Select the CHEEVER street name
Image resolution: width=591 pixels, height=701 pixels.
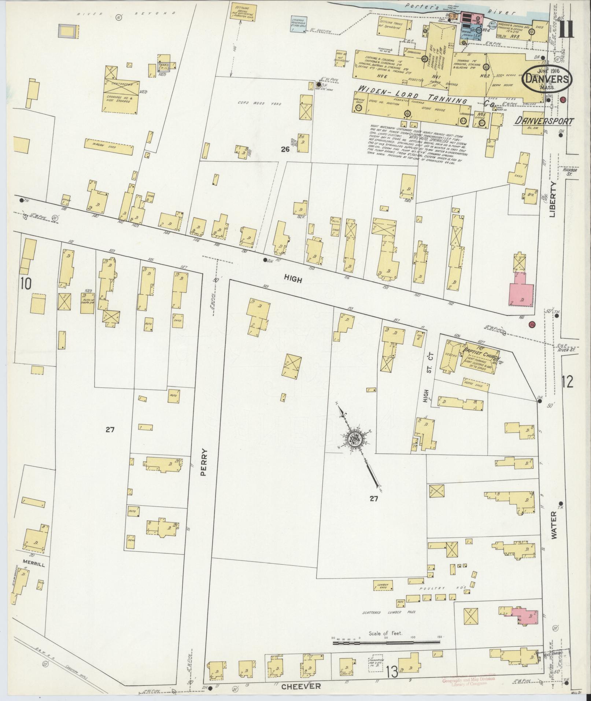coord(301,686)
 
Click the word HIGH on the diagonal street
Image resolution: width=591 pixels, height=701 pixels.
coord(293,280)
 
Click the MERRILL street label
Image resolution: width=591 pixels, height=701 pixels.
coord(33,565)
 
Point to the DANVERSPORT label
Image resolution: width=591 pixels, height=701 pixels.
coord(544,121)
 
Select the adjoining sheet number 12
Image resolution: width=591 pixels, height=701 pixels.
coord(567,382)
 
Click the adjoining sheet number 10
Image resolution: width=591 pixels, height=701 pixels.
coord(27,283)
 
